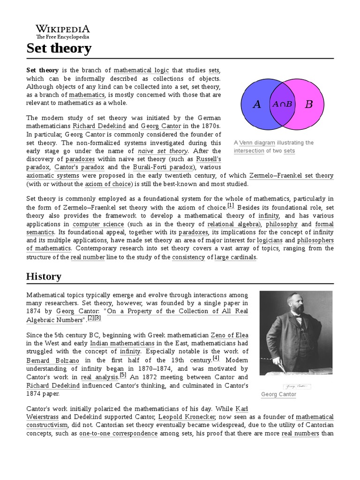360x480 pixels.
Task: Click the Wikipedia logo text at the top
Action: point(63,29)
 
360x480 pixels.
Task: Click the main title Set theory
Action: point(59,48)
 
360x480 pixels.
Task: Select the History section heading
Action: point(44,277)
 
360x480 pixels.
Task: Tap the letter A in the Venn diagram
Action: point(256,104)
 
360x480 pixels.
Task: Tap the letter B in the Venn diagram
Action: point(308,104)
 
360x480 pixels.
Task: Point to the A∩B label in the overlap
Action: point(282,104)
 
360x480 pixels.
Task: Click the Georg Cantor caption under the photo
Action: point(278,394)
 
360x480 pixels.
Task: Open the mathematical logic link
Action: point(141,70)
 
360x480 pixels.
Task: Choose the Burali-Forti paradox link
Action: point(162,167)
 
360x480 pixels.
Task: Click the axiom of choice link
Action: point(109,184)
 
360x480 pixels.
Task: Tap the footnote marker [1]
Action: point(230,205)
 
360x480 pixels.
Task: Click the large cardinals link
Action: point(235,257)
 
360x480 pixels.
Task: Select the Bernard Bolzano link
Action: point(52,360)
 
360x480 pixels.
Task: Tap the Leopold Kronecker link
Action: point(187,417)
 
